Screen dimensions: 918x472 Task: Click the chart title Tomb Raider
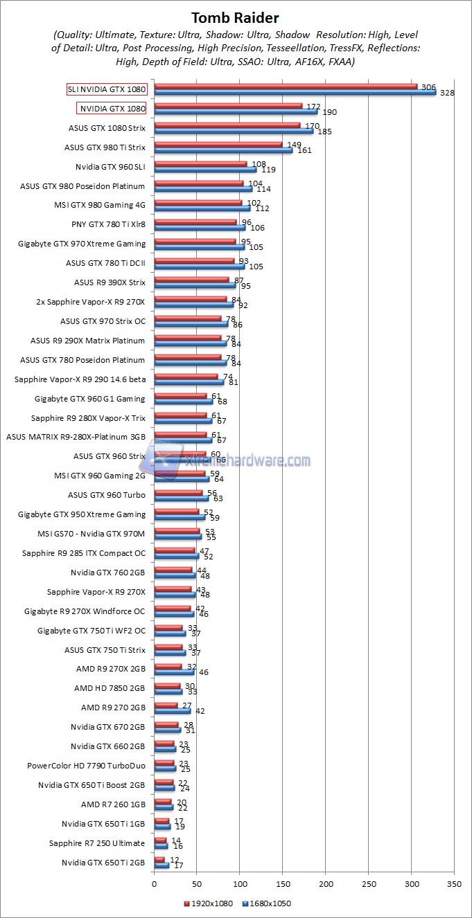(236, 17)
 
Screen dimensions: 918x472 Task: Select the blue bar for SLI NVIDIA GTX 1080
(295, 92)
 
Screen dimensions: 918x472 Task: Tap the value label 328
(447, 93)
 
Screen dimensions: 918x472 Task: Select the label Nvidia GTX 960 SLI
(110, 167)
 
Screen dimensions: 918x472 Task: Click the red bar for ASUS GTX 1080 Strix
(227, 125)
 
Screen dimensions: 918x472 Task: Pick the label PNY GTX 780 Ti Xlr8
(108, 224)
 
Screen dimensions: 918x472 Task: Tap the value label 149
(294, 145)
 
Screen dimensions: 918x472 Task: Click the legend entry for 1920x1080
(209, 904)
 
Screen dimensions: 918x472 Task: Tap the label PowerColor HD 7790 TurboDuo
(86, 766)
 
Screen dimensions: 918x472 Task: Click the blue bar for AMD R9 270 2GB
(172, 710)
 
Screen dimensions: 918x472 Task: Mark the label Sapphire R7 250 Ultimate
(97, 843)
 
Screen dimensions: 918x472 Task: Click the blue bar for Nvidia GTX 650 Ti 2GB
(161, 865)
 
